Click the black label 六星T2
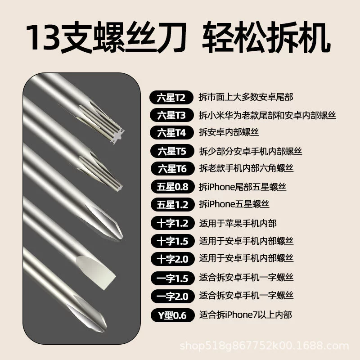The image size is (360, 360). pos(171,98)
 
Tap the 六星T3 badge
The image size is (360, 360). pos(171,115)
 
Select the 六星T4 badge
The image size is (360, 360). pos(171,133)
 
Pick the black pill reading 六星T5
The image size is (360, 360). pos(172,151)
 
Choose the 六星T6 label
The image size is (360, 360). pos(172,168)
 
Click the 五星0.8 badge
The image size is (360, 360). pos(172,187)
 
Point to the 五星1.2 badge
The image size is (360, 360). pos(172,204)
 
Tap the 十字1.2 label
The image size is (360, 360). pos(172,223)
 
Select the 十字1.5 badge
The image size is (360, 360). pos(172,241)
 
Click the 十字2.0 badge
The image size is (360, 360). pos(172,259)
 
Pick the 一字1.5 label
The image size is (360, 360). pos(172,278)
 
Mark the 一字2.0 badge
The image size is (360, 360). pos(172,296)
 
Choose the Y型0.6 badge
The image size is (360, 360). pos(172,315)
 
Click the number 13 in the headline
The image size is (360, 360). pos(43,38)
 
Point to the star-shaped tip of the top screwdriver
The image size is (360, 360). pos(117,135)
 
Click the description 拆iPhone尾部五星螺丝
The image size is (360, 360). pos(243,187)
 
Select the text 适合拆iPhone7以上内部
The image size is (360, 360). pos(245,315)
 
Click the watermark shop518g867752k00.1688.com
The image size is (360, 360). pos(264,346)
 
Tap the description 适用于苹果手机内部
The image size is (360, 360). pos(238,223)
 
